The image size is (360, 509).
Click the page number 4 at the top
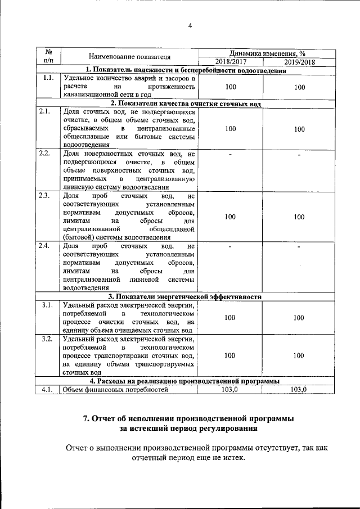[190, 25]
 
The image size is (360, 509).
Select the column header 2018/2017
[230, 62]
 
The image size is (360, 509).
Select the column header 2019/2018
[299, 62]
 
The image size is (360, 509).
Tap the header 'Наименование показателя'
[129, 56]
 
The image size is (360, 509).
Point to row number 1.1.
[48, 78]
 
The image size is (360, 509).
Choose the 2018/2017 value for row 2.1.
[230, 129]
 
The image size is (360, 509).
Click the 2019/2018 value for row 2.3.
[299, 217]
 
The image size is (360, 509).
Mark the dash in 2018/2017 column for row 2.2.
[230, 154]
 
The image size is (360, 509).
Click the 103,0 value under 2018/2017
[230, 389]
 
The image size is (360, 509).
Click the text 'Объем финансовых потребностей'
[116, 389]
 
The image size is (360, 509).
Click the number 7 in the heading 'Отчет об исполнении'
[87, 418]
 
